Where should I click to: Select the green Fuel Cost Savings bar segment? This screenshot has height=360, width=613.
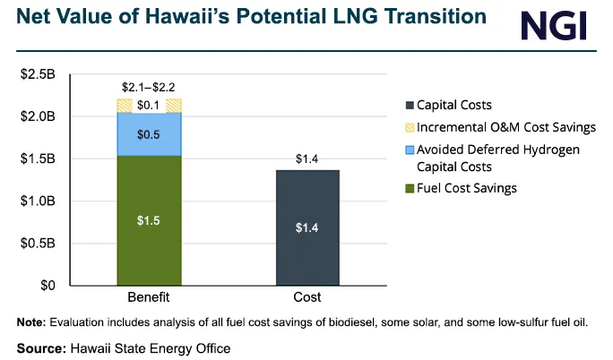point(150,220)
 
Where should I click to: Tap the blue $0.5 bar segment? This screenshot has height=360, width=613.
point(150,134)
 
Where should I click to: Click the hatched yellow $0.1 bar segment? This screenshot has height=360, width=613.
point(150,106)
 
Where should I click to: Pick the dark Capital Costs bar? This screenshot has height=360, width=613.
point(307,227)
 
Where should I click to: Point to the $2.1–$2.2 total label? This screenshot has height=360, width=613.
point(150,87)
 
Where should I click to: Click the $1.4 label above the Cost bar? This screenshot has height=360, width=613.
point(307,159)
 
